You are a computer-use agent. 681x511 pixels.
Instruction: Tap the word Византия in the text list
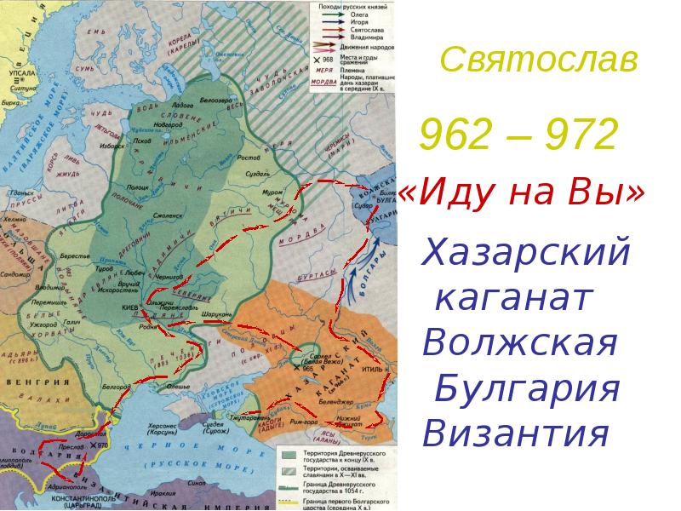517,434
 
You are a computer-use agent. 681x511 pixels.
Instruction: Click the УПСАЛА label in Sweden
21,74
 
